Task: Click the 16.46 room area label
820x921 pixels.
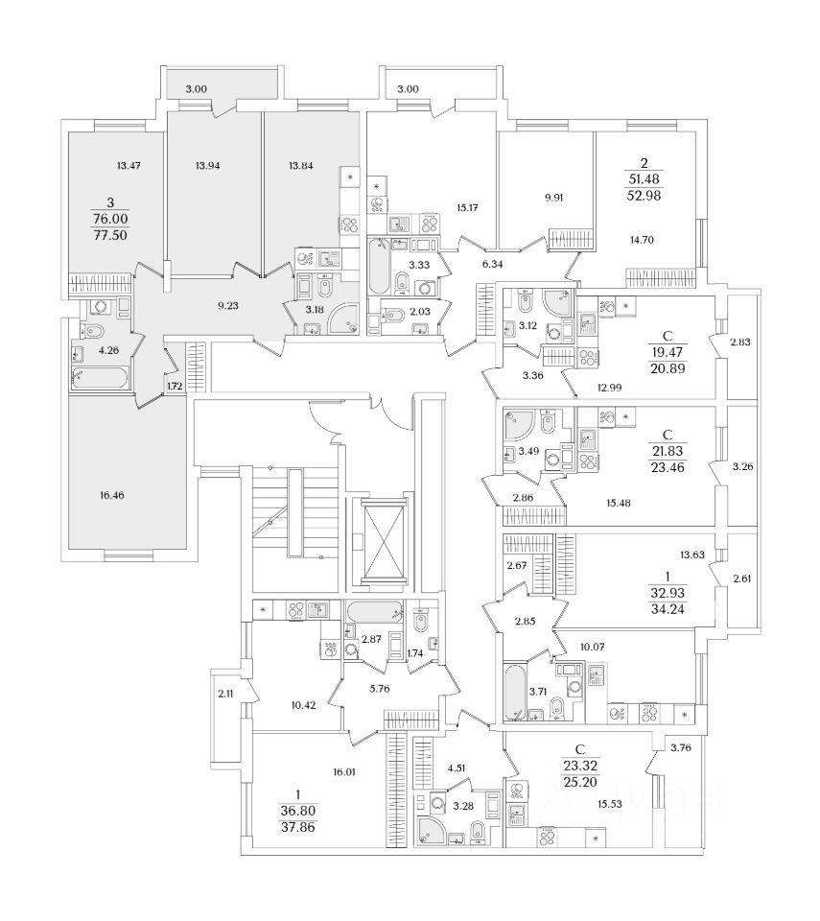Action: (x=111, y=495)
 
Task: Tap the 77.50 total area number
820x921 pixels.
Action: (x=110, y=236)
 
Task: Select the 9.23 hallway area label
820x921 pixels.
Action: (x=228, y=305)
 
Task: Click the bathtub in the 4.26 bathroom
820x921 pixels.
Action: (x=100, y=378)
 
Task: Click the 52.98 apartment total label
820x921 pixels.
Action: (x=644, y=196)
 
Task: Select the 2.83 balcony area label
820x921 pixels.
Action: (x=740, y=342)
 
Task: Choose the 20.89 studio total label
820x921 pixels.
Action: (x=668, y=368)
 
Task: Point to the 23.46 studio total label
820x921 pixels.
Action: (x=668, y=467)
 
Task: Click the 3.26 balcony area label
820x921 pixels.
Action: (x=742, y=467)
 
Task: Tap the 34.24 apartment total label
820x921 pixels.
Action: (x=668, y=609)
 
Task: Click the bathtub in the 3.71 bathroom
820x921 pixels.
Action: (x=516, y=692)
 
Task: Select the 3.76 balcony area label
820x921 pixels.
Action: (x=681, y=747)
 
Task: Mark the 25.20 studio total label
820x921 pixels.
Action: (x=580, y=782)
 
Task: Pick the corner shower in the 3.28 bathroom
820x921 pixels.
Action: (x=431, y=831)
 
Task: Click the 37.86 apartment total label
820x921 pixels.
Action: (x=298, y=827)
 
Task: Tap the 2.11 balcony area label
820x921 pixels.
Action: (x=225, y=693)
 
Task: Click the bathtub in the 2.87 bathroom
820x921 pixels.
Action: (x=375, y=613)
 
